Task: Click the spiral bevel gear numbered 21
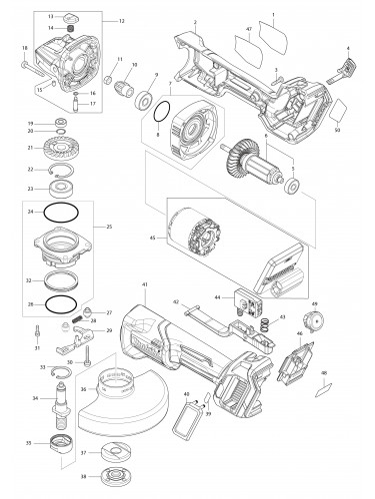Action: (67, 149)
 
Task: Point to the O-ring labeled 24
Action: (64, 214)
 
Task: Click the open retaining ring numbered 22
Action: (66, 171)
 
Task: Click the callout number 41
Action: (144, 286)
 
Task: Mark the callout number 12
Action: (122, 20)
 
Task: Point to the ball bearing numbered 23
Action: (67, 189)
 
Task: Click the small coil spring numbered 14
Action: (71, 29)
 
